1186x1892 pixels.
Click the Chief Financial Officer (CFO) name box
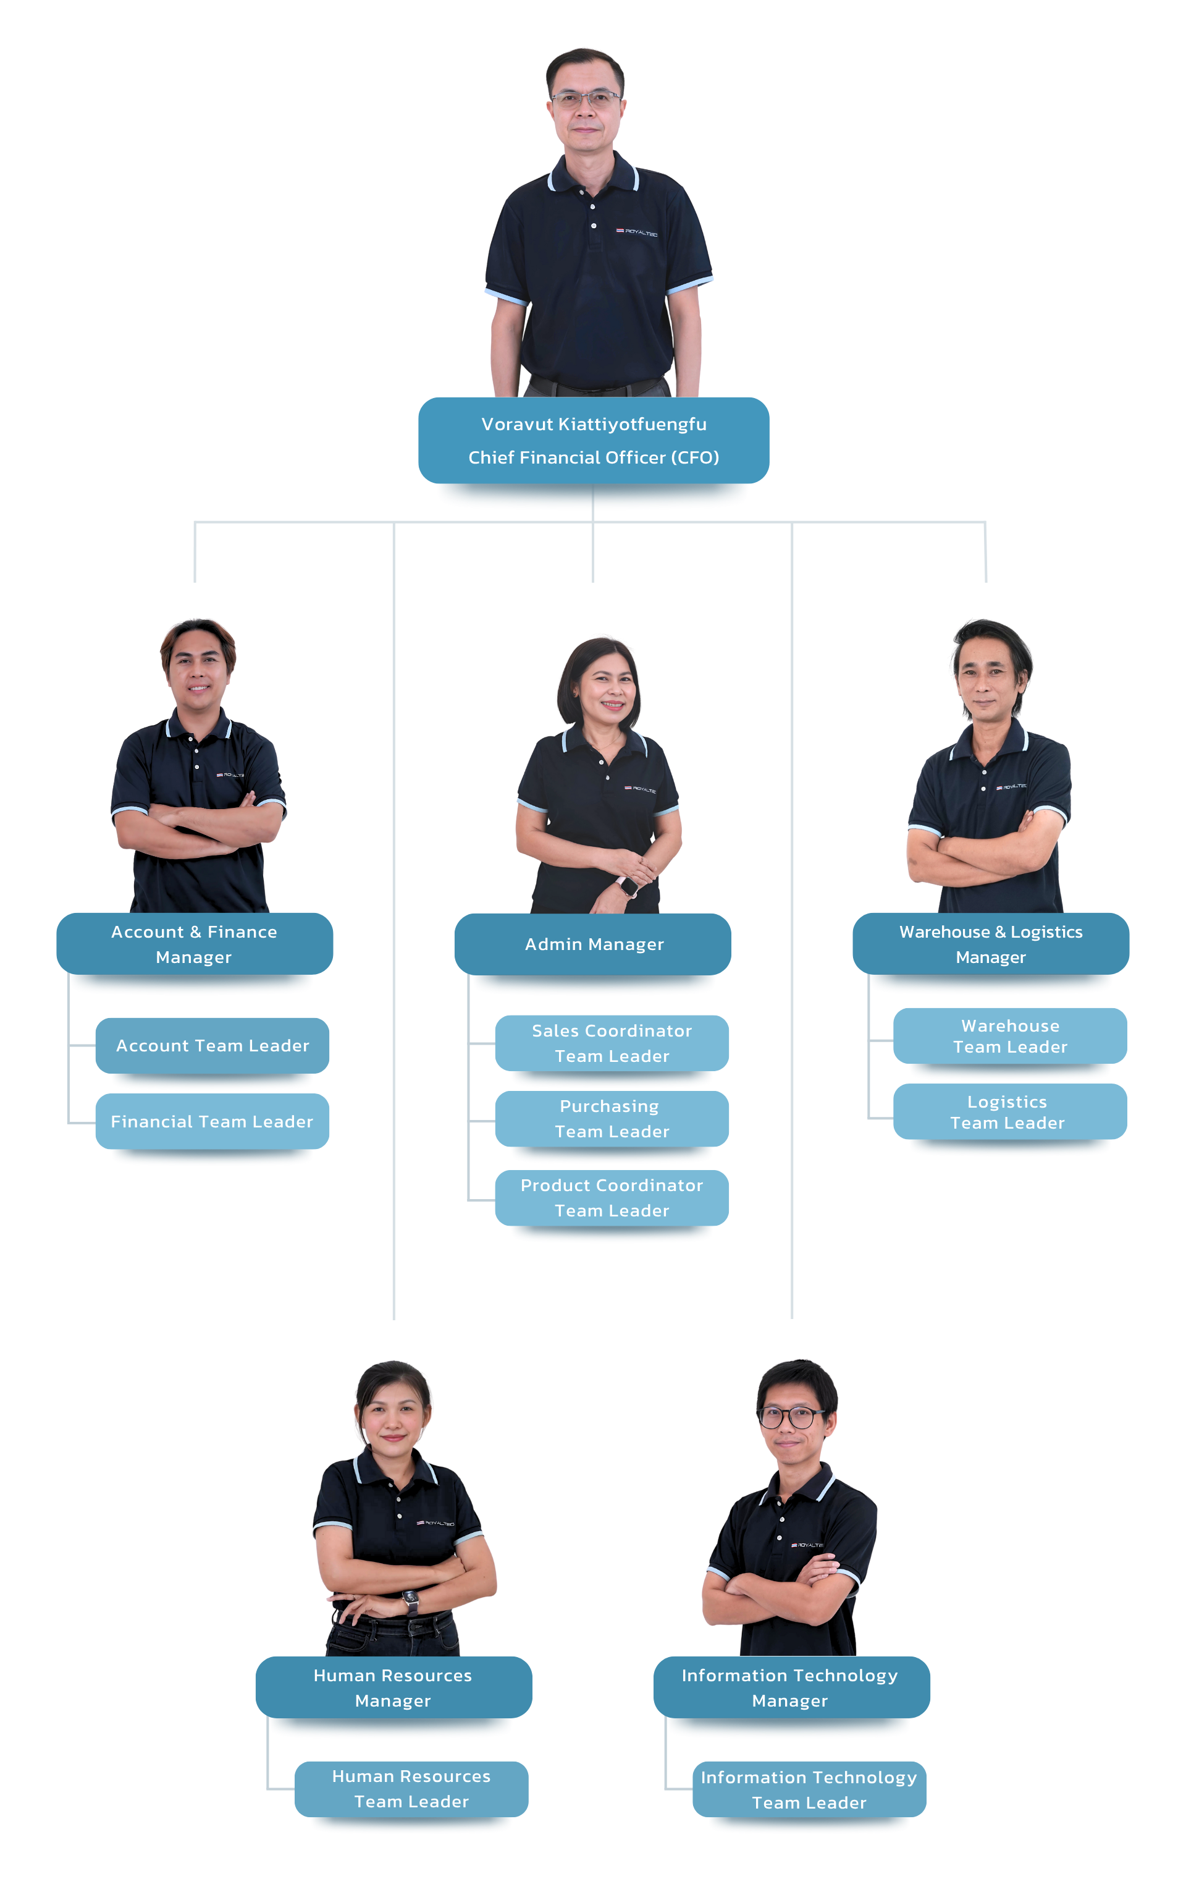click(x=593, y=440)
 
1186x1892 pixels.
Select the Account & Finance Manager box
click(x=195, y=943)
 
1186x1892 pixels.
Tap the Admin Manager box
click(x=593, y=943)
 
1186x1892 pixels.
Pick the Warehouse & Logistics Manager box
click(x=991, y=943)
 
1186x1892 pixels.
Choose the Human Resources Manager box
click(x=393, y=1687)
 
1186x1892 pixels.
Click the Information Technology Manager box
click(x=791, y=1687)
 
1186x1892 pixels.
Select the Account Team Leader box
click(x=212, y=1045)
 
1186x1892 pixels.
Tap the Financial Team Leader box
click(x=212, y=1121)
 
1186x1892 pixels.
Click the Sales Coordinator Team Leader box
click(x=612, y=1043)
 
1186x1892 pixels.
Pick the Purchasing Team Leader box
click(x=612, y=1118)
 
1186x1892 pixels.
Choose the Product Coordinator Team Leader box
click(x=612, y=1197)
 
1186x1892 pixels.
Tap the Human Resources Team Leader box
click(x=411, y=1788)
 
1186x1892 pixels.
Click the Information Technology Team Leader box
click(x=809, y=1789)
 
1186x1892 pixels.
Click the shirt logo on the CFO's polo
click(x=636, y=232)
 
